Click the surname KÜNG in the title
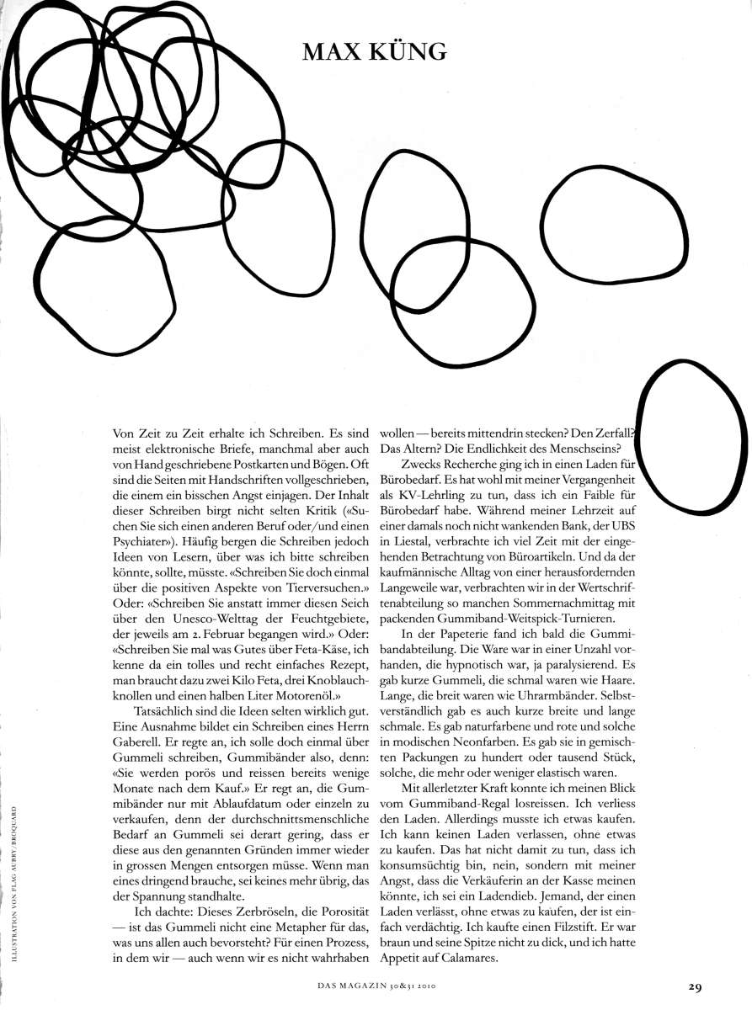tap(406, 52)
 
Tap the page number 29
tap(694, 986)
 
